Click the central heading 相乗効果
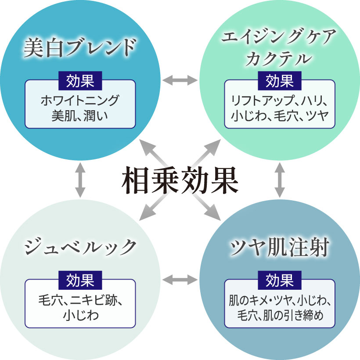[180, 180]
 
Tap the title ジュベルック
[79, 247]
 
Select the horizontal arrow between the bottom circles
[180, 279]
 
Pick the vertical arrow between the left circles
[79, 180]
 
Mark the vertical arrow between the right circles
[280, 180]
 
